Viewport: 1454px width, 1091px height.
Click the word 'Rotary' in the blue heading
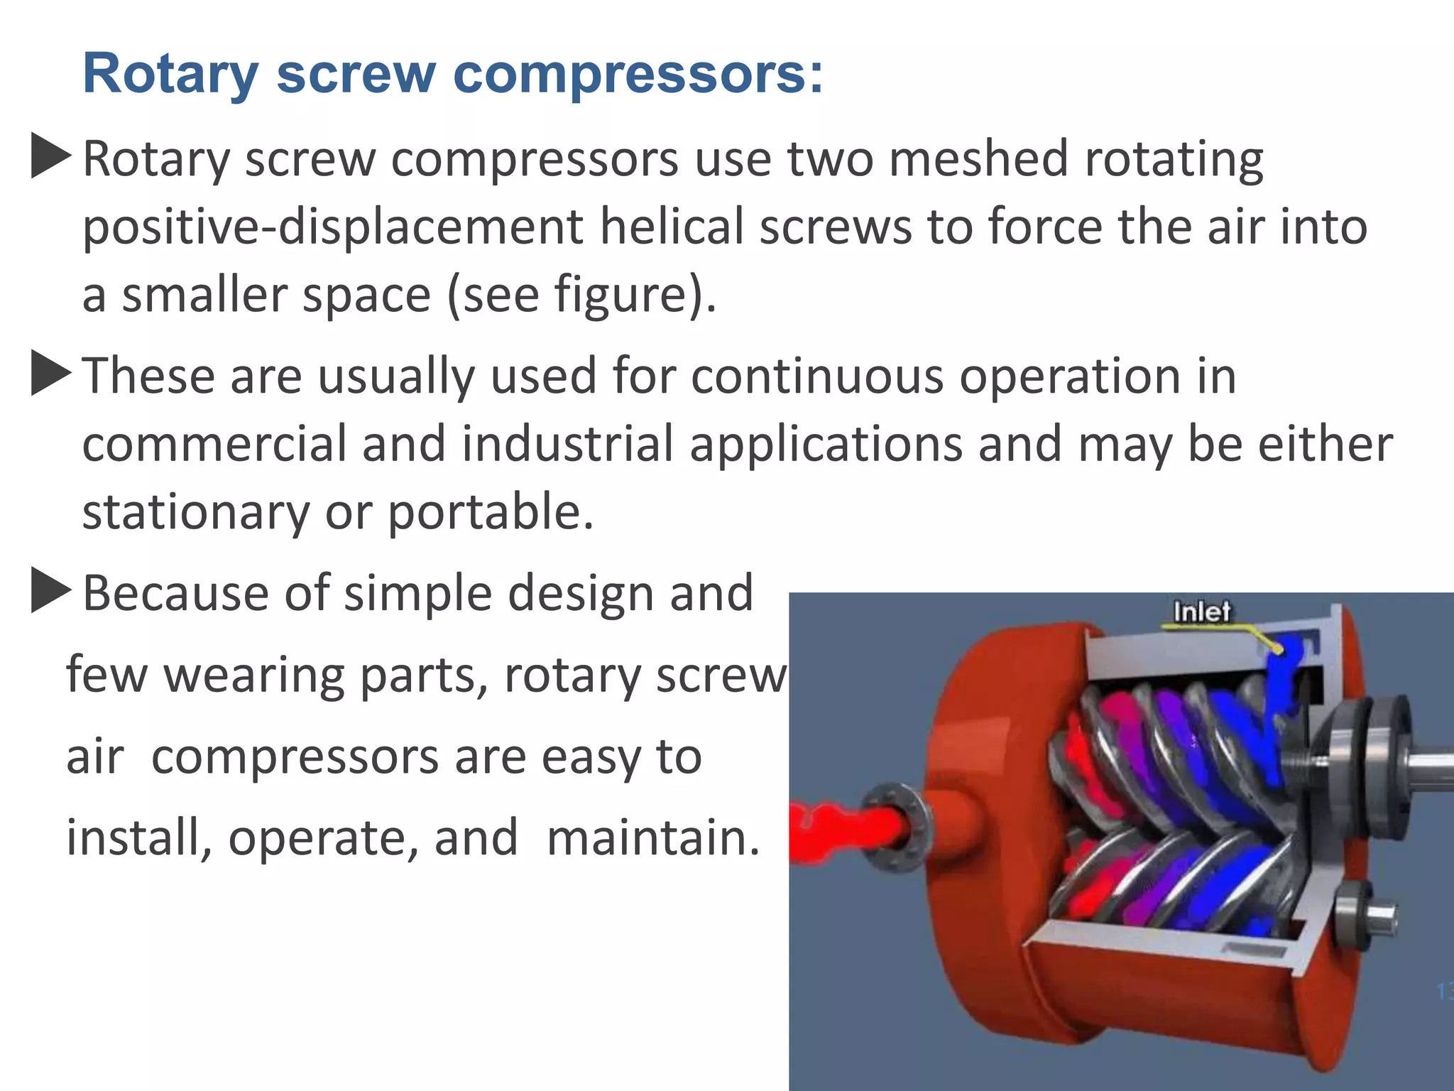tap(170, 75)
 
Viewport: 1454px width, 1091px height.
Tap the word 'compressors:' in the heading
tap(638, 75)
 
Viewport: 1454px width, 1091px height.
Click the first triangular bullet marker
tap(51, 157)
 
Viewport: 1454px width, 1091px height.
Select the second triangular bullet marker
tap(51, 374)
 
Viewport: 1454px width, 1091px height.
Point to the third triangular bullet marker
tap(51, 592)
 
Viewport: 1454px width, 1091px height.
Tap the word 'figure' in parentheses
tap(620, 295)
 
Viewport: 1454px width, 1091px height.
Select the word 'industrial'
tap(567, 444)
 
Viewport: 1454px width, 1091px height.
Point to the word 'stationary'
tap(196, 512)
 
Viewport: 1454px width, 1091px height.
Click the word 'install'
tap(135, 837)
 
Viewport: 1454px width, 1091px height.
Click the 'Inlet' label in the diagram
tap(1201, 612)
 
